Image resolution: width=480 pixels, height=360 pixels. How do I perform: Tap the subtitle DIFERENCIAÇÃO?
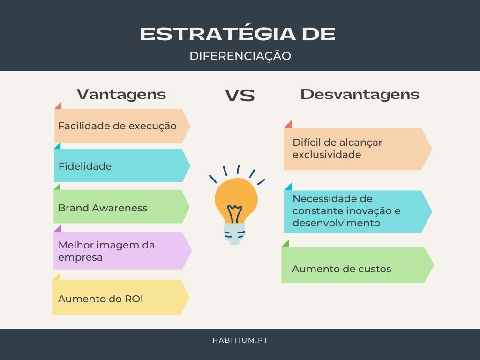(240, 56)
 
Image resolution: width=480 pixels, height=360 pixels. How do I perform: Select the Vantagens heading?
(121, 95)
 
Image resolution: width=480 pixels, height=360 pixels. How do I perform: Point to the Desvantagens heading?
(360, 94)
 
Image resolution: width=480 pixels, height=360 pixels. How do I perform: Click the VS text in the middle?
(240, 96)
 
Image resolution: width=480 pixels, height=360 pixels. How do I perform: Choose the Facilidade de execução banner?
(122, 126)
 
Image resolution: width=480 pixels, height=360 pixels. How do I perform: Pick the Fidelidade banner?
(122, 165)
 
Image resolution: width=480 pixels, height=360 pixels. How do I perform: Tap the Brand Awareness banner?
(121, 207)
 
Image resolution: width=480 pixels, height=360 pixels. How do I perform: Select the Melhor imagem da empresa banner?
(122, 251)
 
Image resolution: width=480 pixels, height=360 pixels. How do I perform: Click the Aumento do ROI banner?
(121, 297)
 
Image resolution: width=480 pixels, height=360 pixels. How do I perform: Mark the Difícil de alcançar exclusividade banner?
(358, 149)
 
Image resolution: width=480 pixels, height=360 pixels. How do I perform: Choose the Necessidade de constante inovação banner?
(358, 211)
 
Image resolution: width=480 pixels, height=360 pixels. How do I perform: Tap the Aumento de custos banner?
(358, 265)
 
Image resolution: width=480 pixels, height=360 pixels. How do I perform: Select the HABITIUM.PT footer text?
(240, 340)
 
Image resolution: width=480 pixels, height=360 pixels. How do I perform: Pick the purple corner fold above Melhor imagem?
(58, 229)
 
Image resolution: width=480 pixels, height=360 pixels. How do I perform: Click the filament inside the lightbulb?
(235, 213)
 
